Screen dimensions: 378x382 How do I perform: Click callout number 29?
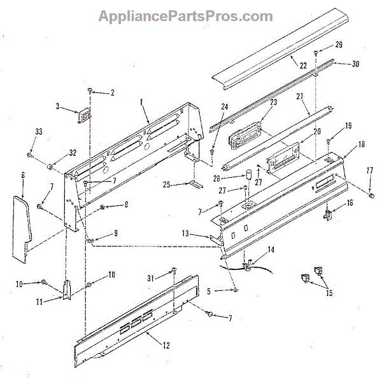[339, 45]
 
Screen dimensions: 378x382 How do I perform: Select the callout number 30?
[355, 64]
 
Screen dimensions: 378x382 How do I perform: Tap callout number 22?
[303, 66]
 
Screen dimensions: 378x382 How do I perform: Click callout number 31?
[150, 277]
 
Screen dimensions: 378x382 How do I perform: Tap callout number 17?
[369, 170]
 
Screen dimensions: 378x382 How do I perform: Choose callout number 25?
[166, 185]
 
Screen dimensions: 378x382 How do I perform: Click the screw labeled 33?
[31, 153]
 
